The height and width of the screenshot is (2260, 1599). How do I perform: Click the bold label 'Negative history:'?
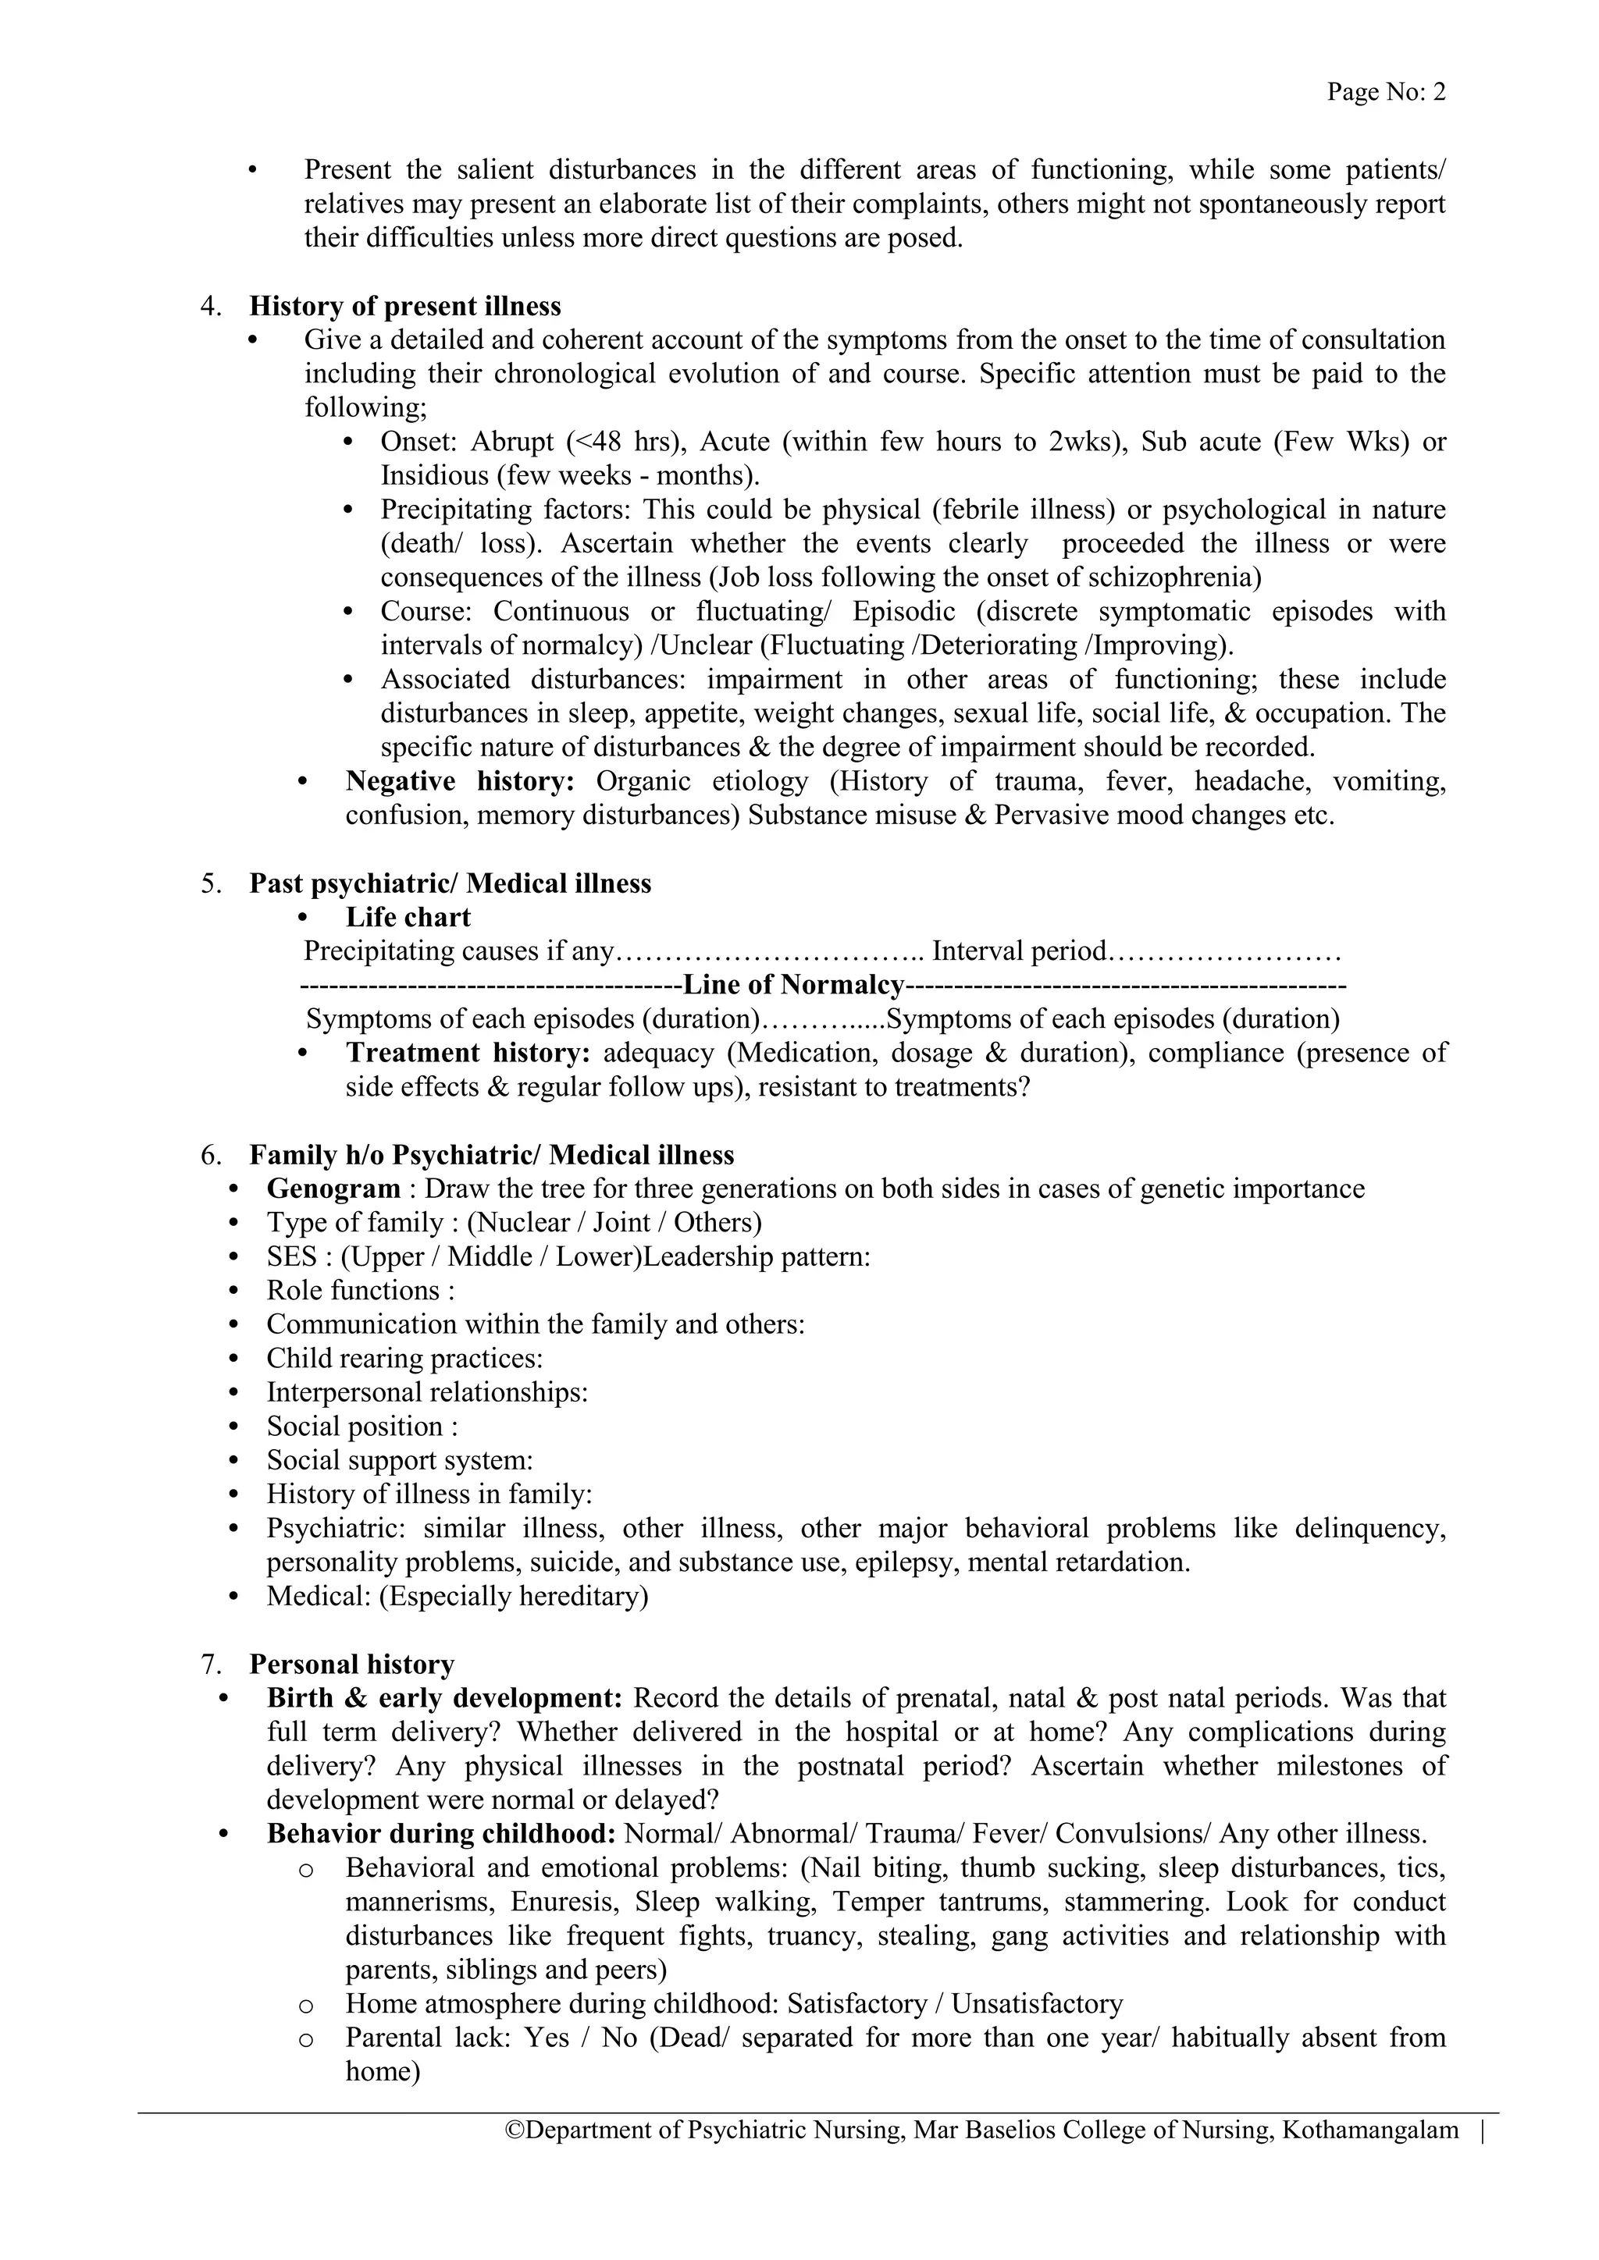coord(460,781)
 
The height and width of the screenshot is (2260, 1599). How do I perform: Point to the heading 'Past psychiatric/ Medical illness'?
coord(450,884)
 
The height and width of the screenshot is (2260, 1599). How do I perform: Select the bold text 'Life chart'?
coord(408,918)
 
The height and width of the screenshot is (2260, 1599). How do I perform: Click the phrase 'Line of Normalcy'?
coord(792,986)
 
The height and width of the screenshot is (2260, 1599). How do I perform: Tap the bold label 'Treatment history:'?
coord(468,1054)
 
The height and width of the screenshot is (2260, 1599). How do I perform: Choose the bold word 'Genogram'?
coord(333,1189)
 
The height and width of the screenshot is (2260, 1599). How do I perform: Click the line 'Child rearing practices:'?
coord(404,1359)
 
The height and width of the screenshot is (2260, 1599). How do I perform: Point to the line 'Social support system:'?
coord(399,1461)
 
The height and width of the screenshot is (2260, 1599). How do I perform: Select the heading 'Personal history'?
coord(351,1665)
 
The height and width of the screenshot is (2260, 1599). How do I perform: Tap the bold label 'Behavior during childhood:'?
coord(441,1835)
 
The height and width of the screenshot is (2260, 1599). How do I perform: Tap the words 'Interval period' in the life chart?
coord(1019,952)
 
